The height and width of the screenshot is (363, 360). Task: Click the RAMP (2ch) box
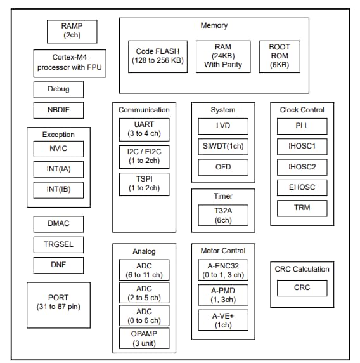pyautogui.click(x=71, y=30)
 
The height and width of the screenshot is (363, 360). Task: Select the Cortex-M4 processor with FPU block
pyautogui.click(x=70, y=63)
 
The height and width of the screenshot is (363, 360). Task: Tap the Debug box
pyautogui.click(x=58, y=89)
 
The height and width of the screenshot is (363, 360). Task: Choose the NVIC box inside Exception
pyautogui.click(x=58, y=149)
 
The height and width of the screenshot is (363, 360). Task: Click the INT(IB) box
pyautogui.click(x=58, y=190)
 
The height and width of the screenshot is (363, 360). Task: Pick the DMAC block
pyautogui.click(x=58, y=224)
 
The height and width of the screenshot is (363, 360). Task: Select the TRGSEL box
pyautogui.click(x=58, y=244)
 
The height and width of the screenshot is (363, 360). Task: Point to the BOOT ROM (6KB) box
pyautogui.click(x=280, y=56)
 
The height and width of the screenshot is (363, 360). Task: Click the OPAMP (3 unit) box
pyautogui.click(x=144, y=339)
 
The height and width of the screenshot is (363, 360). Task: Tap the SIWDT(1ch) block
pyautogui.click(x=222, y=147)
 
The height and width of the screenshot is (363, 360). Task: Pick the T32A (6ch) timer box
pyautogui.click(x=222, y=214)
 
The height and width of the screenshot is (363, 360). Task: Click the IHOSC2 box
pyautogui.click(x=302, y=167)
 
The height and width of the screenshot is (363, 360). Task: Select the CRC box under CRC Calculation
pyautogui.click(x=302, y=287)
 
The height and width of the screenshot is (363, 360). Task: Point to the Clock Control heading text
pyautogui.click(x=302, y=110)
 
